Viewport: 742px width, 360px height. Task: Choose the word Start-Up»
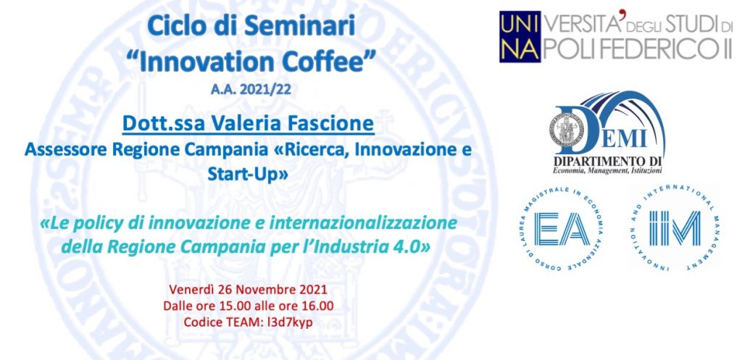pos(248,174)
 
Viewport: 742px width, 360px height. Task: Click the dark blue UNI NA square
pos(520,36)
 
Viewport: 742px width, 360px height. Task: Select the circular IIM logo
pos(675,228)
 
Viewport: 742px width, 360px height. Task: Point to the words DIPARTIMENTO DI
pos(608,160)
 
